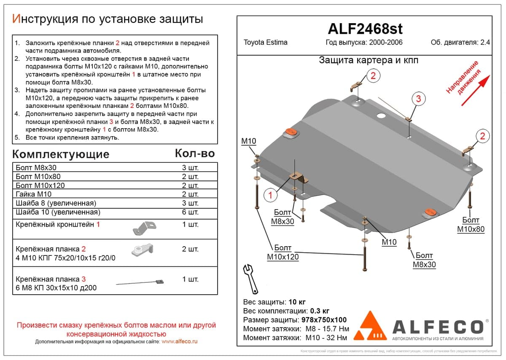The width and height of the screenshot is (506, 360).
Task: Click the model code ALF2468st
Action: click(365, 29)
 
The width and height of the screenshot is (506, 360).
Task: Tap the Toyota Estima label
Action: click(265, 42)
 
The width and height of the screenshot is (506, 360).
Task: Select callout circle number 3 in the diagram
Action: click(418, 99)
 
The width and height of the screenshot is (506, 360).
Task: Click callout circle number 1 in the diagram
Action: click(270, 195)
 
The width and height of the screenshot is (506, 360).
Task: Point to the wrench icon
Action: click(250, 279)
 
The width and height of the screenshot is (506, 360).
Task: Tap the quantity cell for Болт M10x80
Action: click(190, 176)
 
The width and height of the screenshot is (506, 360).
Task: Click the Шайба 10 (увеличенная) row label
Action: click(58, 212)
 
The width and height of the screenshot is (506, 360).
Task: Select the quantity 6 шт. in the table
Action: click(190, 212)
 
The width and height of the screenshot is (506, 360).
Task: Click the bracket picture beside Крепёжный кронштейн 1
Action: click(144, 228)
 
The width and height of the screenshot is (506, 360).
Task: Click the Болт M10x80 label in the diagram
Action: click(471, 225)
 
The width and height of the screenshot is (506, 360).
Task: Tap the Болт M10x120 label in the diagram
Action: click(283, 252)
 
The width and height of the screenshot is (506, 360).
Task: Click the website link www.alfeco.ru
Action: click(179, 341)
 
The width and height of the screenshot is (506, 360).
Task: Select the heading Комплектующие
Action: click(61, 154)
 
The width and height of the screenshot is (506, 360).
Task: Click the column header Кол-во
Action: click(195, 153)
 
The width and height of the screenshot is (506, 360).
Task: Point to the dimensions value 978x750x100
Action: click(324, 320)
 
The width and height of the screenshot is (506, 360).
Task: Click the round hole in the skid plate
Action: click(381, 116)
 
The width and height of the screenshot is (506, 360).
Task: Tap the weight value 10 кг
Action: click(297, 302)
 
